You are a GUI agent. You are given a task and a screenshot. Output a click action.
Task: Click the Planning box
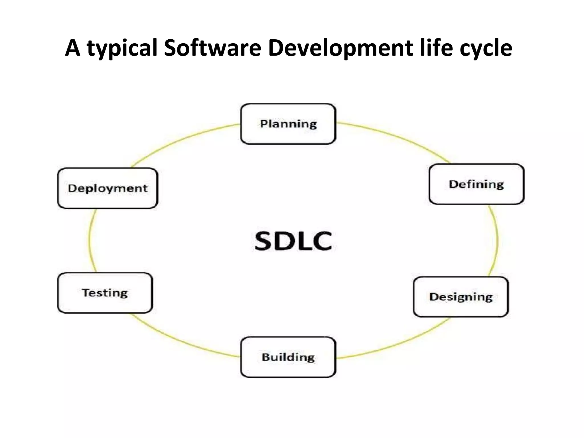tap(288, 124)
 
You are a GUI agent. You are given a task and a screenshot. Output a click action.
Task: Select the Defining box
tap(476, 184)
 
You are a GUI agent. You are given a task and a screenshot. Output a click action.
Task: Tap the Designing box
tap(461, 297)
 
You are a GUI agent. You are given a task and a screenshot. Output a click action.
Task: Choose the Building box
tap(288, 357)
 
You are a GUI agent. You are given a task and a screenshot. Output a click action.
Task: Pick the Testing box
tap(105, 293)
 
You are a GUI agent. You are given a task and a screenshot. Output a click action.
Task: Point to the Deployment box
tap(108, 188)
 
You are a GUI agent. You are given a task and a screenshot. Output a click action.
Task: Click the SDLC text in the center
tap(293, 241)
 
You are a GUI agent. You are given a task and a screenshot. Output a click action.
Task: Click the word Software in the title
tap(213, 48)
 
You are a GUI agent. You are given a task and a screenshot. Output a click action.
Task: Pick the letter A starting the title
tap(72, 48)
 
